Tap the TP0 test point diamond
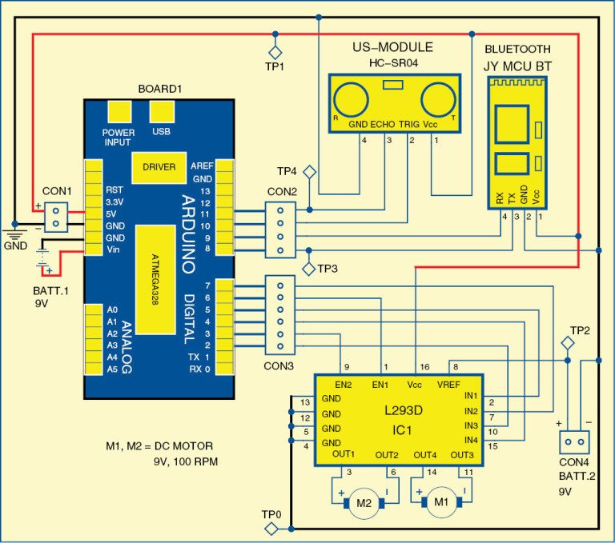click(x=273, y=529)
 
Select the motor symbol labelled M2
click(x=364, y=502)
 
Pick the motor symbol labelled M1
click(x=438, y=502)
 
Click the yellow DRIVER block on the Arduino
click(x=159, y=166)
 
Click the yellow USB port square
click(x=161, y=111)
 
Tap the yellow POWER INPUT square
click(x=119, y=111)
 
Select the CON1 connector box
click(x=54, y=217)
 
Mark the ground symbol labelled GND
click(x=14, y=234)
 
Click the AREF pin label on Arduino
click(x=202, y=166)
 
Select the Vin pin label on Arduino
click(x=114, y=251)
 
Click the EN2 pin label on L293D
click(x=344, y=384)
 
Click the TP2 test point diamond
click(x=566, y=342)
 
